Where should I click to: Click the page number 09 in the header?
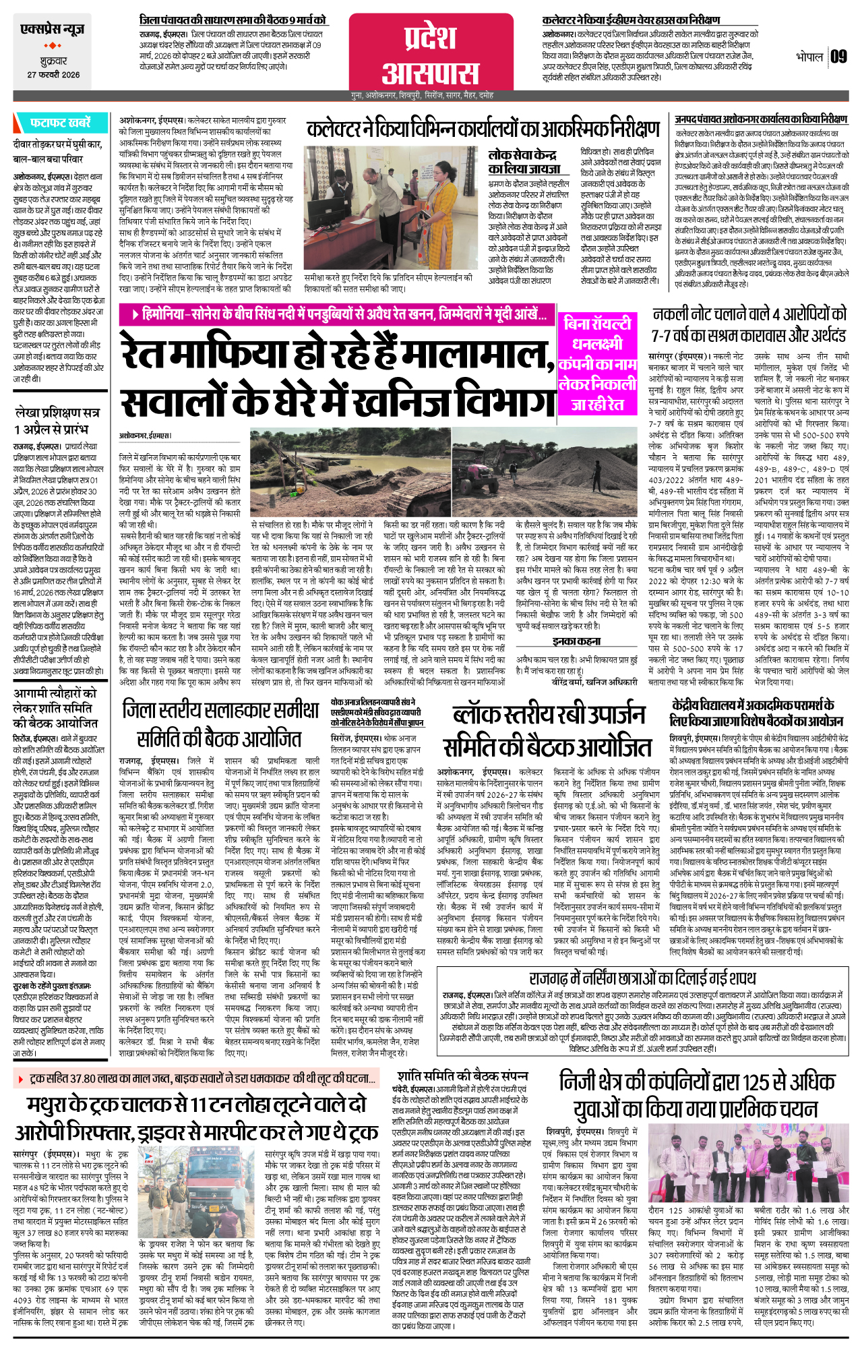click(838, 57)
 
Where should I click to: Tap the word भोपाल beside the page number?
click(809, 57)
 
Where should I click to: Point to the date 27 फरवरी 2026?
click(53, 75)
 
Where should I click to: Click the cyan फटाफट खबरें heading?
click(60, 123)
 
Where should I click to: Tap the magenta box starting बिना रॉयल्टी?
click(597, 364)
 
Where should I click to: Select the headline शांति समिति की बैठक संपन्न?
click(462, 1076)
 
